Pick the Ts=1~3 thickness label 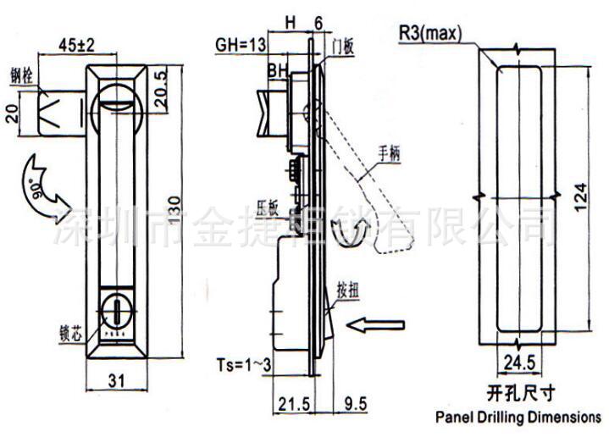click(x=242, y=364)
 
